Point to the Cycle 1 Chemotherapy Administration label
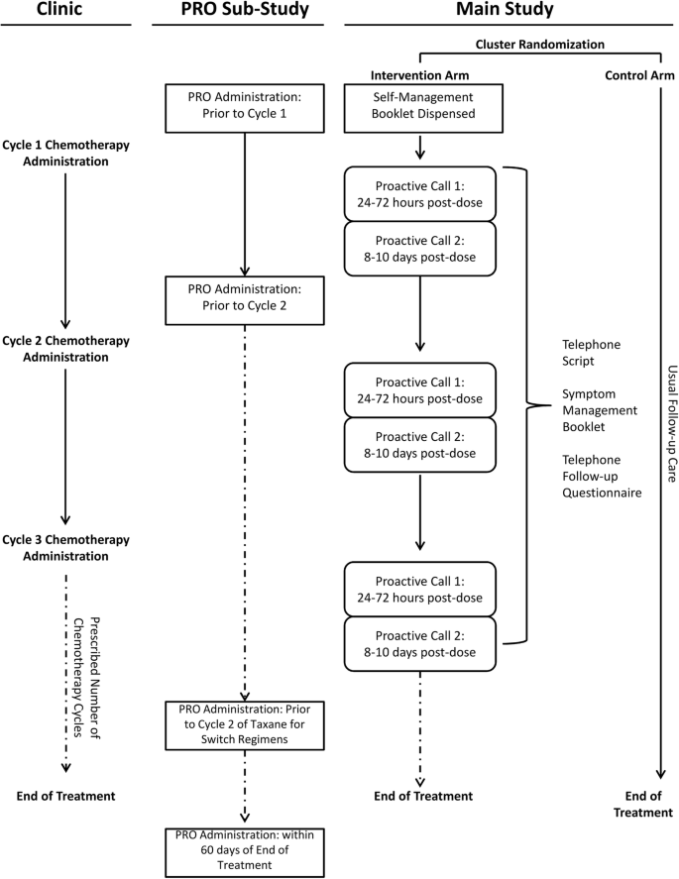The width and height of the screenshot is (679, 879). click(x=64, y=154)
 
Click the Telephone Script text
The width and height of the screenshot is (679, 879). click(x=590, y=353)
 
